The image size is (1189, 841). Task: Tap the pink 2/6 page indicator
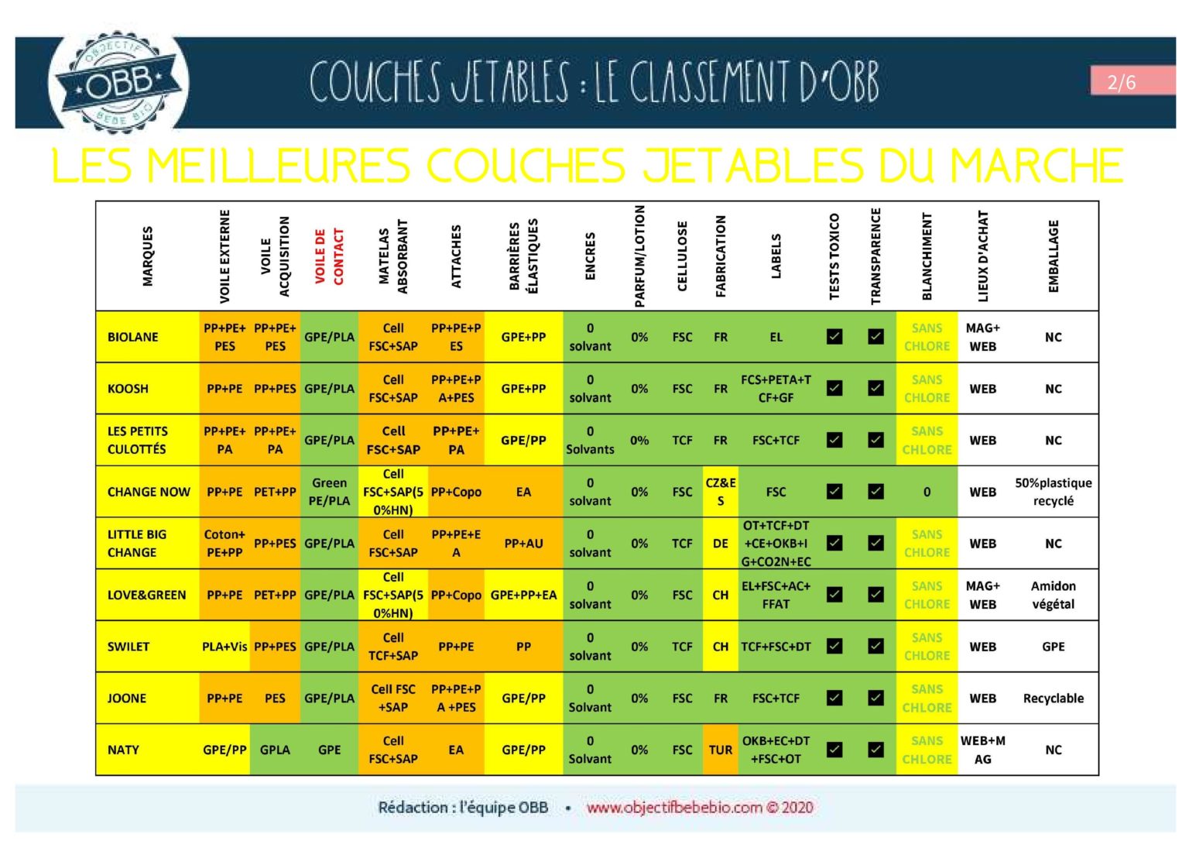pos(1121,82)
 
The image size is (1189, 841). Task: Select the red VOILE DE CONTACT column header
pos(329,256)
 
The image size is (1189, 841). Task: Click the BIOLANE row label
pos(133,337)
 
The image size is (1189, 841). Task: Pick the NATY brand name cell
pos(124,750)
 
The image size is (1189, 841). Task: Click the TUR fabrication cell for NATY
pos(720,750)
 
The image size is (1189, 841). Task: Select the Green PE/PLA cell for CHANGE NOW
pos(329,492)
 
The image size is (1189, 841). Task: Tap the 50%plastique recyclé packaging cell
pos(1053,492)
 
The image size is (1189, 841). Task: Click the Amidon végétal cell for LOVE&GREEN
pos(1053,595)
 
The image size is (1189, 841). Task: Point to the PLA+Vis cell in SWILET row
pos(224,647)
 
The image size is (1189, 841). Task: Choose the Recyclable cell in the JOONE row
pos(1053,699)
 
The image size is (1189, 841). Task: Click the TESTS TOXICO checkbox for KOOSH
pos(834,389)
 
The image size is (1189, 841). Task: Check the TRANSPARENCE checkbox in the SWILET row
pos(875,647)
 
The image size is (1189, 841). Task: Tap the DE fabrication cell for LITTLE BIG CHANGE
pos(720,544)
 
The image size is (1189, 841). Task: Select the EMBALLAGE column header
pos(1053,256)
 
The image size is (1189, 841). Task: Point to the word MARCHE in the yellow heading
pos(1037,166)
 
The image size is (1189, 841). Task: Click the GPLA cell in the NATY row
pos(275,750)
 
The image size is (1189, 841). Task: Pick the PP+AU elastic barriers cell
pos(523,544)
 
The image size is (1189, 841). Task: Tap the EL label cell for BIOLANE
pos(776,337)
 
